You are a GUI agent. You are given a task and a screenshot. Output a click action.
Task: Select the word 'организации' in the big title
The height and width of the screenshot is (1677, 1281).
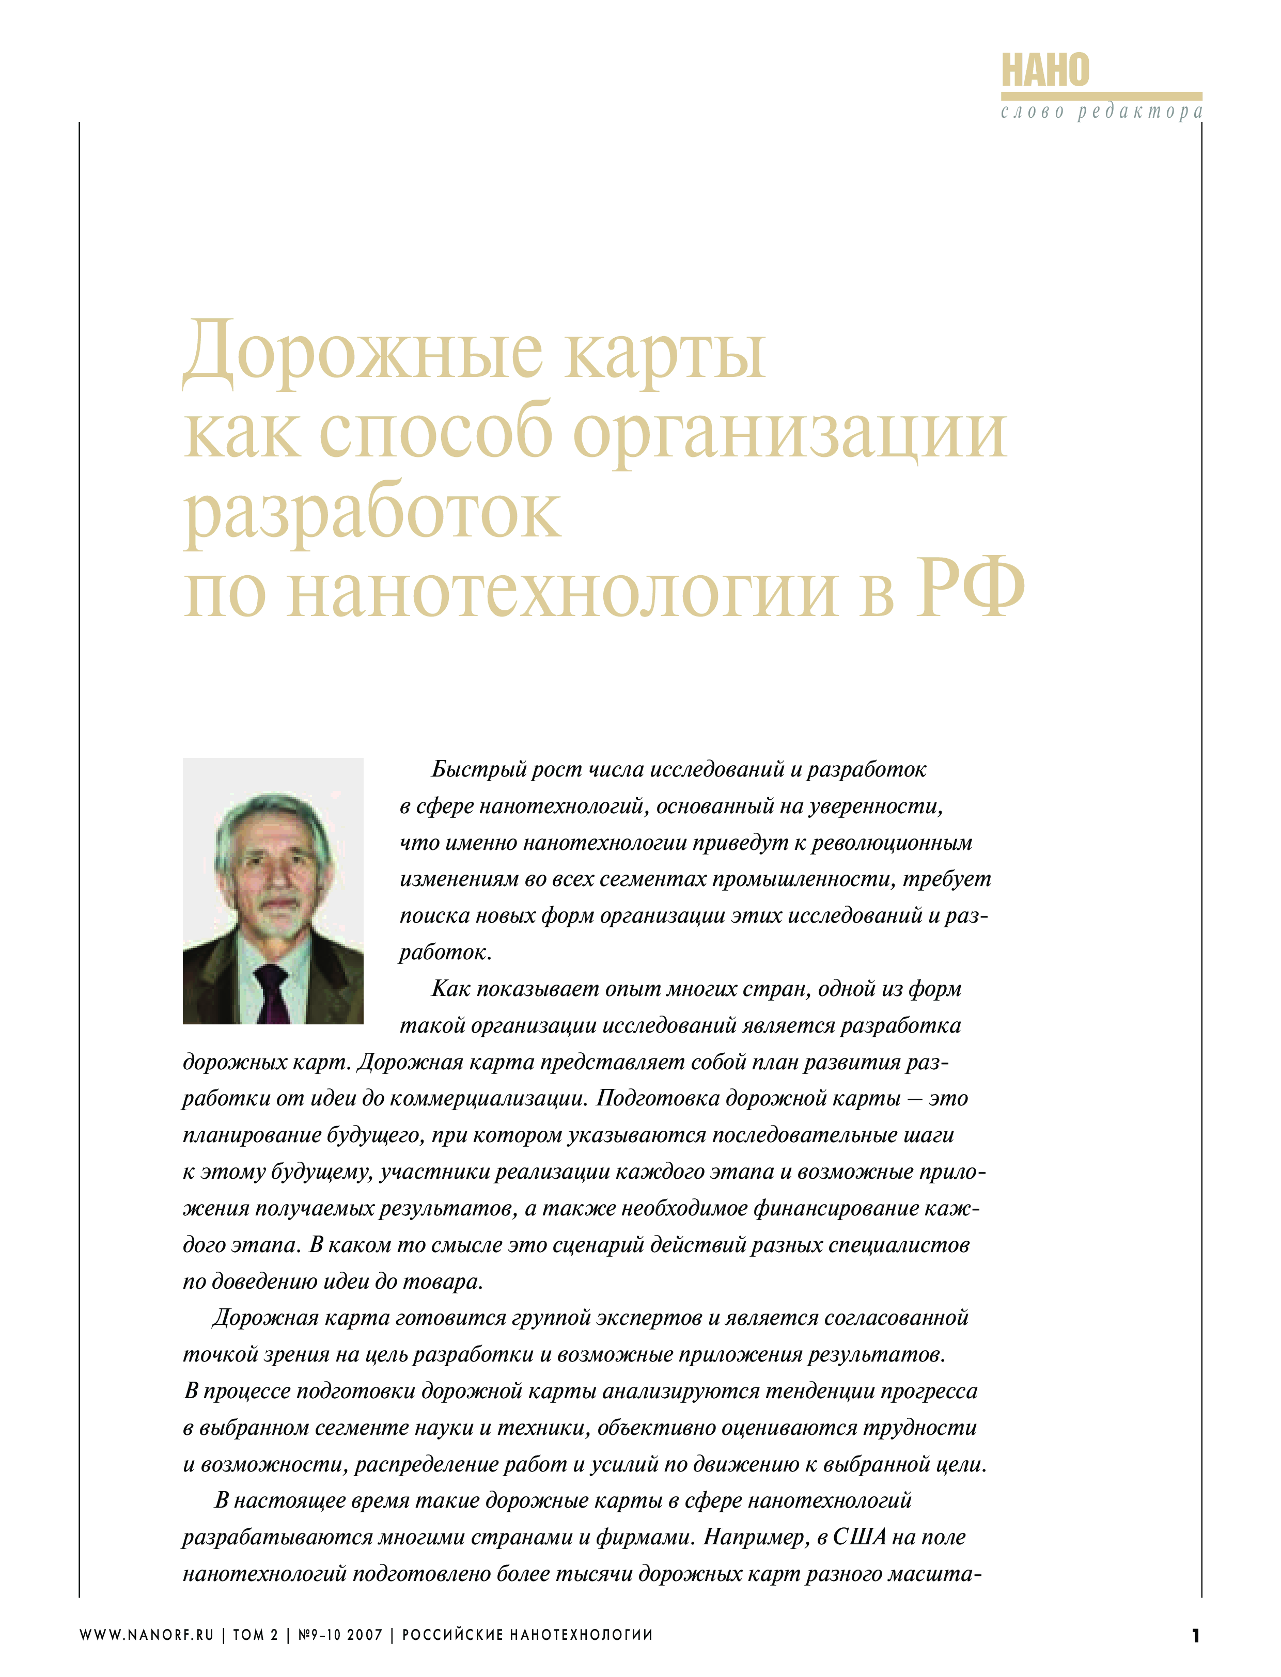tap(789, 433)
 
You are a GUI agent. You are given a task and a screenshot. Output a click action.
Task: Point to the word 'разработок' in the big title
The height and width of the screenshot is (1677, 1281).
tap(372, 513)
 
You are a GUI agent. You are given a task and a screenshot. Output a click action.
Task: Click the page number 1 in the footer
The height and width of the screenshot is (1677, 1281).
tap(1195, 1636)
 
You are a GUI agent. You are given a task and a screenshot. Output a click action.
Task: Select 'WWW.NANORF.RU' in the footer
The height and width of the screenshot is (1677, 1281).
tap(146, 1636)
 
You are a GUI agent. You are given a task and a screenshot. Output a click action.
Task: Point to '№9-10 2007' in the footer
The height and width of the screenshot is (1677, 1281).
tap(339, 1636)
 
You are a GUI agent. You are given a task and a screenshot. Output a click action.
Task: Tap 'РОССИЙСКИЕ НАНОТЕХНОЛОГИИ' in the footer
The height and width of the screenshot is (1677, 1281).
tap(527, 1636)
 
